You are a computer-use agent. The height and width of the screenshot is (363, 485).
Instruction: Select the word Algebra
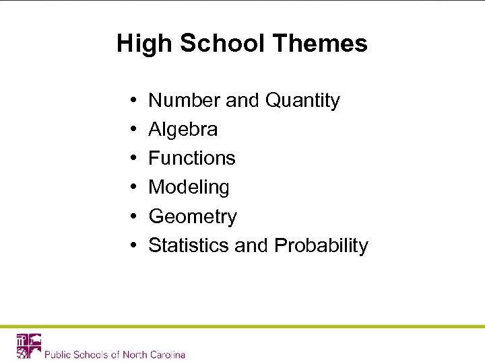pyautogui.click(x=183, y=129)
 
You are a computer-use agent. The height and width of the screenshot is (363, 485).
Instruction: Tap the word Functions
pyautogui.click(x=192, y=158)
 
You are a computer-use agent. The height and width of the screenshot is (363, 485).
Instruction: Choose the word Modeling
pyautogui.click(x=189, y=187)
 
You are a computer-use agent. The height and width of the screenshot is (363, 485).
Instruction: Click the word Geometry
pyautogui.click(x=193, y=216)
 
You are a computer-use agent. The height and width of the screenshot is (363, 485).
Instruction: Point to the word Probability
pyautogui.click(x=321, y=245)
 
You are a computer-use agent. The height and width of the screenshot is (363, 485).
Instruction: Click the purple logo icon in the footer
pyautogui.click(x=29, y=346)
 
